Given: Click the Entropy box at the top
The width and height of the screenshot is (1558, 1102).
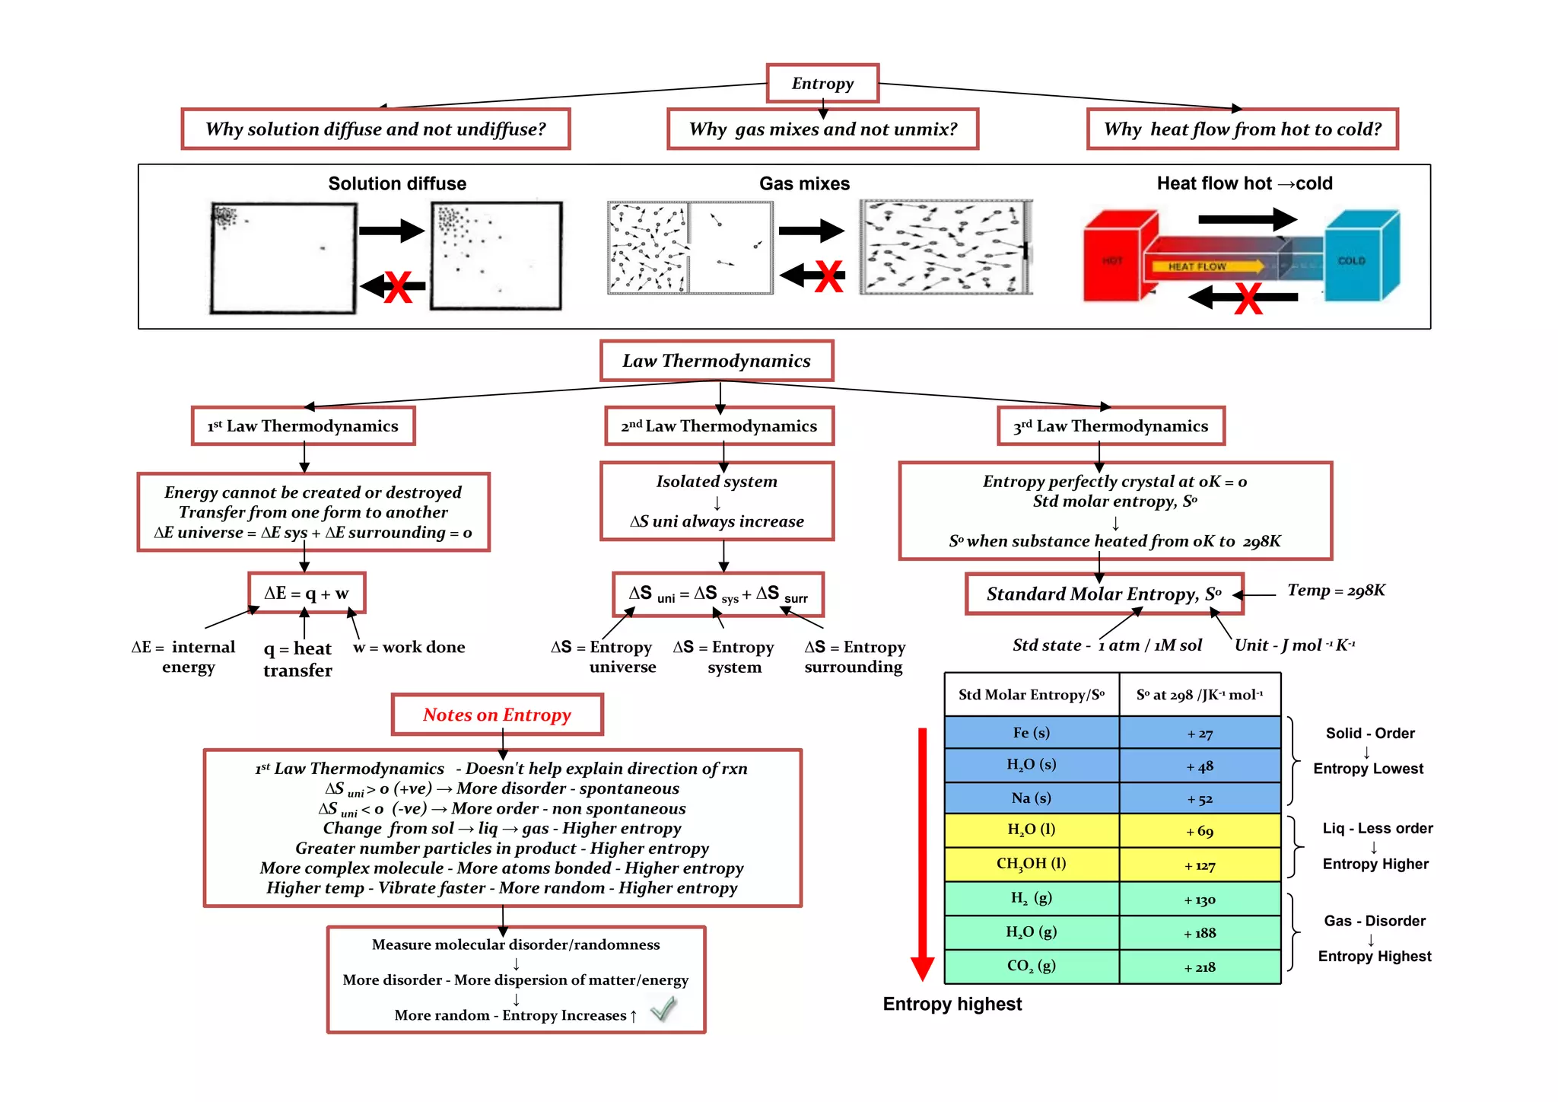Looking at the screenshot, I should click(x=822, y=83).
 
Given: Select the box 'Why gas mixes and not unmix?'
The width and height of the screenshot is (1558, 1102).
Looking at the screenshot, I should click(x=822, y=129).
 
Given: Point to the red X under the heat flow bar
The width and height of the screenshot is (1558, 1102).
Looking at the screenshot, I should click(x=1248, y=298).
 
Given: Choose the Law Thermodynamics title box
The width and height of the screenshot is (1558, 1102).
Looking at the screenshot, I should click(x=717, y=361).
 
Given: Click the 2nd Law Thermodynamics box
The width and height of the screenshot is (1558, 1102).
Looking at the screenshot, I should click(x=719, y=426).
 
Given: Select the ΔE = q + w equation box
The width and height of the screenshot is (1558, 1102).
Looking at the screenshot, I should click(x=307, y=593).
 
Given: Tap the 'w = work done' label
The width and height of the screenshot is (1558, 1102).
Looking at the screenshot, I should click(x=409, y=648).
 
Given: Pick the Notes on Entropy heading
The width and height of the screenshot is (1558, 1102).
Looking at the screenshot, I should click(x=498, y=715).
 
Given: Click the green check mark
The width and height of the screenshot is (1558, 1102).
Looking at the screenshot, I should click(x=663, y=1009).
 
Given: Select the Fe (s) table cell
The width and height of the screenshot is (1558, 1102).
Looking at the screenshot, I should click(x=1032, y=733).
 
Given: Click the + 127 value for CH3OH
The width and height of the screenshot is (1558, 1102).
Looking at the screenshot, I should click(x=1200, y=865).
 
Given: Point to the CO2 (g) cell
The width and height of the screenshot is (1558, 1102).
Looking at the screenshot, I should click(x=1032, y=967).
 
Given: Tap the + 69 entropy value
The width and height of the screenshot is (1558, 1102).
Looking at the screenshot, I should click(x=1200, y=831).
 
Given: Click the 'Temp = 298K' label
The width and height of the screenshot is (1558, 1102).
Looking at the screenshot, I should click(x=1336, y=591).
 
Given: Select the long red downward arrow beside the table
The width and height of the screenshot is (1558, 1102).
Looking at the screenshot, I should click(x=922, y=852).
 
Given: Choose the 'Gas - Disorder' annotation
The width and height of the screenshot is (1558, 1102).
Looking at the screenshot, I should click(x=1375, y=921).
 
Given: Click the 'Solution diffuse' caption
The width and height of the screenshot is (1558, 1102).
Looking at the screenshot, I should click(x=397, y=183).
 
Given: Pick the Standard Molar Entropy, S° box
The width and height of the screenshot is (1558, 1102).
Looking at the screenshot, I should click(x=1104, y=594).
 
